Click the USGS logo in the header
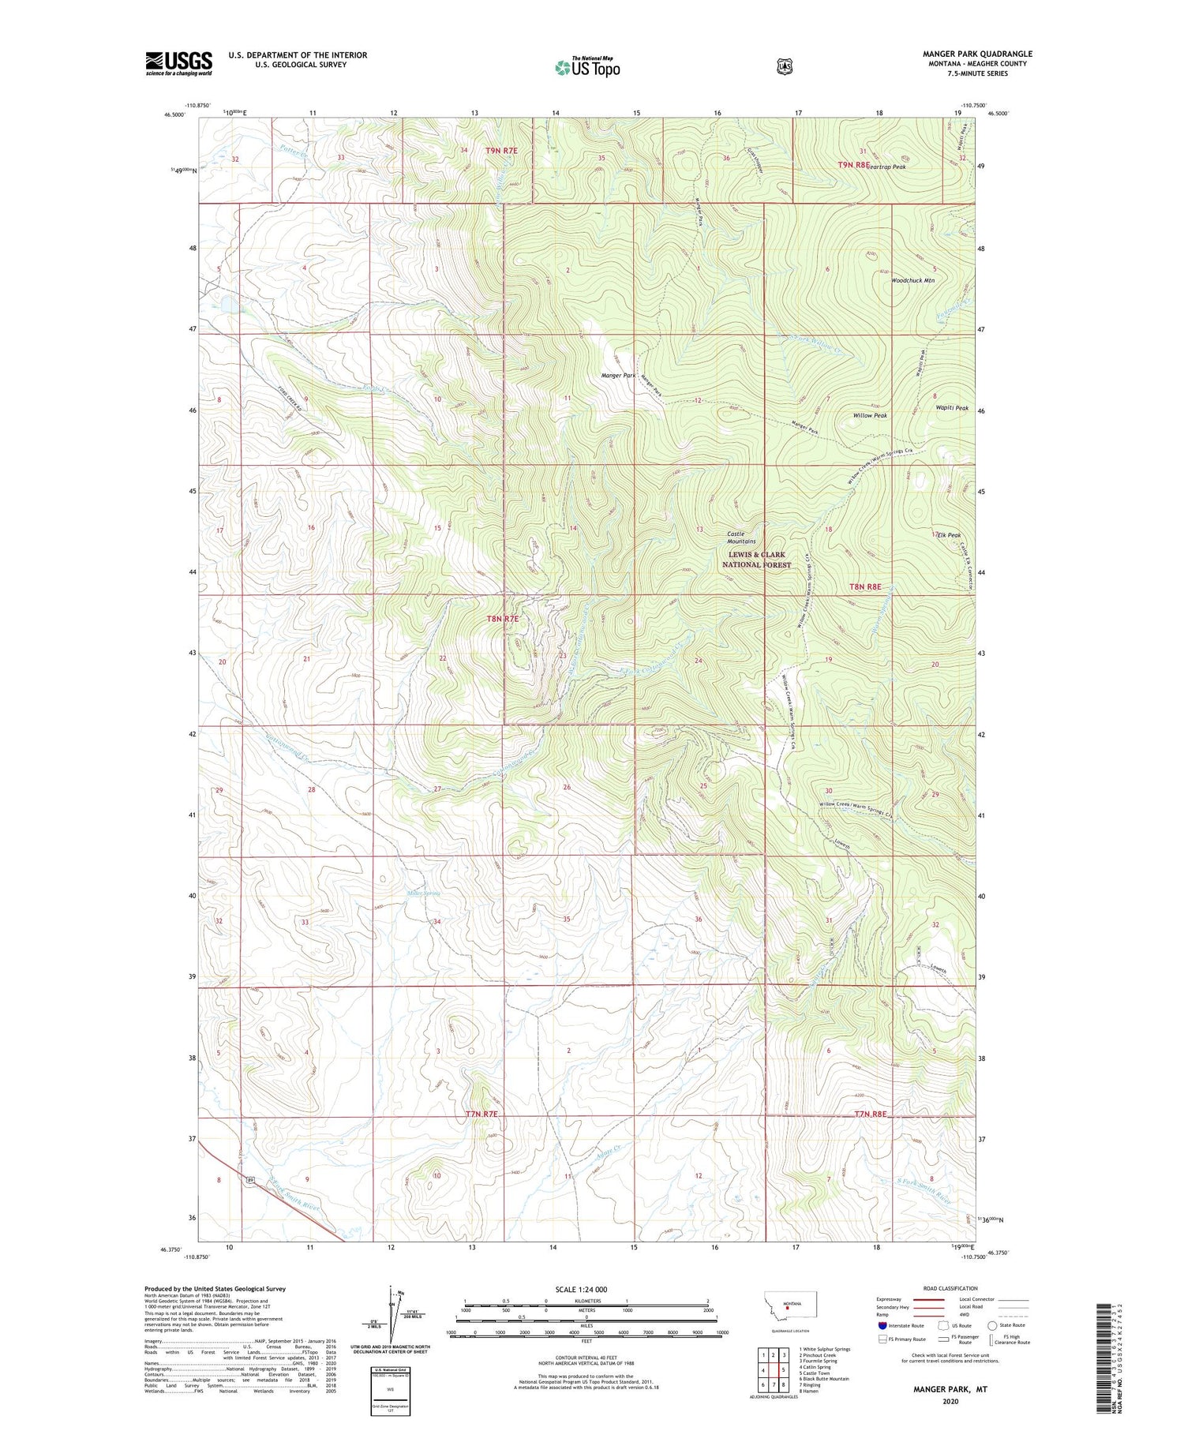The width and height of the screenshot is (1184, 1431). (179, 63)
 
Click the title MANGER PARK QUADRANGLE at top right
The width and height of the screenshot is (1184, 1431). (977, 54)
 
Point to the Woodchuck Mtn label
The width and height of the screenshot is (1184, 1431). (912, 280)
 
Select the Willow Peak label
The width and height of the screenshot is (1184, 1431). (870, 415)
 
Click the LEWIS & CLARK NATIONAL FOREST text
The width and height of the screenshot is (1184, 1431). (756, 560)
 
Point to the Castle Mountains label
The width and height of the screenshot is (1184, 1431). (741, 538)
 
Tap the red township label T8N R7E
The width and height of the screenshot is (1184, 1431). (503, 619)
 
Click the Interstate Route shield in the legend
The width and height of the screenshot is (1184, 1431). (882, 1325)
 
